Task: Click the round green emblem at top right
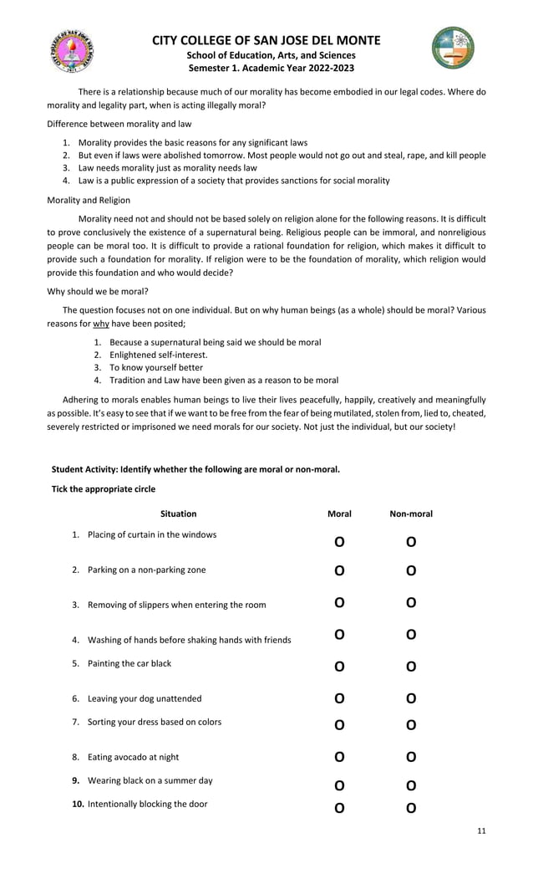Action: tap(453, 48)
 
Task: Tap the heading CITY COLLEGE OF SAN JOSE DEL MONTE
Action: tap(266, 40)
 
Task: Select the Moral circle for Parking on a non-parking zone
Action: tap(339, 571)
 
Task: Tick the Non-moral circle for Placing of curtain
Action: tap(411, 542)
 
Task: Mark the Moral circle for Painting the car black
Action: tap(339, 667)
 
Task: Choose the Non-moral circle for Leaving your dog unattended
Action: tap(411, 698)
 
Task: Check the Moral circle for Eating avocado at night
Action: tap(339, 758)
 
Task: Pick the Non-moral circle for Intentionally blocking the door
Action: tap(411, 808)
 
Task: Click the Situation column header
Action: tap(178, 514)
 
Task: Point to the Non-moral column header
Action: tap(411, 514)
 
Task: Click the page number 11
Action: tap(480, 830)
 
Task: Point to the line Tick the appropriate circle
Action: tap(104, 488)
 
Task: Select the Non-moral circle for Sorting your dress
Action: tap(411, 725)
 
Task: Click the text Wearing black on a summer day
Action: tap(150, 780)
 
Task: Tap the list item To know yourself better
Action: tap(156, 367)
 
